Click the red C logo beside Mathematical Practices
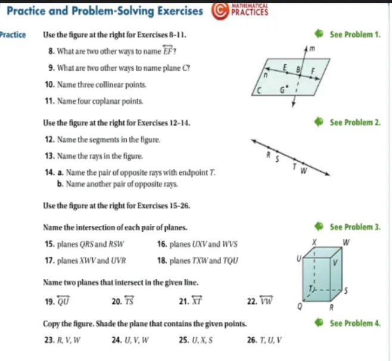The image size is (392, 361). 220,11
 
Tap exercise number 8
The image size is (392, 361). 51,51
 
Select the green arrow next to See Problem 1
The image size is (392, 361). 319,34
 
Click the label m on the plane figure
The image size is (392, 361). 312,48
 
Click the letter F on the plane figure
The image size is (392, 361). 313,71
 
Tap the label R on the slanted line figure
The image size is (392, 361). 269,155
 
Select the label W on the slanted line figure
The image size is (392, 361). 303,171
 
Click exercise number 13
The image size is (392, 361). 50,156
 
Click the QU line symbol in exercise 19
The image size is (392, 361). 63,300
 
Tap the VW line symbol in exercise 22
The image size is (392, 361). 266,300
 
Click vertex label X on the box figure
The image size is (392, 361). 314,242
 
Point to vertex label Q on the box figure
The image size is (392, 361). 300,306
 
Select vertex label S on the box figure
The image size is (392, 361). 346,291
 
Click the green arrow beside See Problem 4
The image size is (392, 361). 319,323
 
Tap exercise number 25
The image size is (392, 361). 184,340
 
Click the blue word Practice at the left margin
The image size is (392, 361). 13,34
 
